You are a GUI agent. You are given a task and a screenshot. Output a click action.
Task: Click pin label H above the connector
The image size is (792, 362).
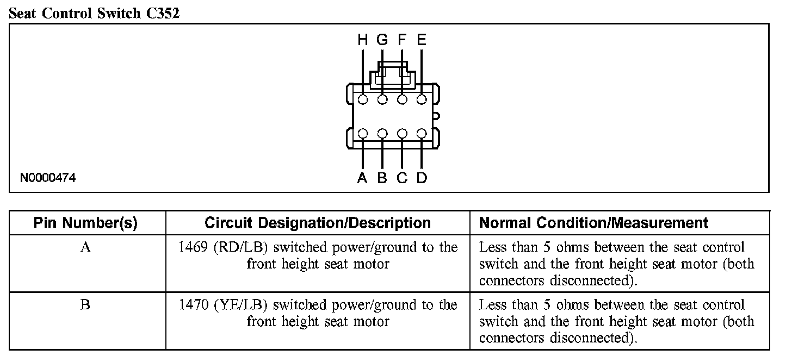(363, 40)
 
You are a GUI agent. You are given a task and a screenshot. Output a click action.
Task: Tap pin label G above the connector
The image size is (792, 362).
(382, 40)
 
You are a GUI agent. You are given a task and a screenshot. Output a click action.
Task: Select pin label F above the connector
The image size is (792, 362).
(402, 40)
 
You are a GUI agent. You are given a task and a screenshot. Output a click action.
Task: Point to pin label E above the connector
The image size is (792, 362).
(422, 40)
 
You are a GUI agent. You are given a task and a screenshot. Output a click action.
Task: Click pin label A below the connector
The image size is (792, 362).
(362, 178)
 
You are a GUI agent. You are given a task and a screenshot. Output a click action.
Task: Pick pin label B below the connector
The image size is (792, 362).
(382, 178)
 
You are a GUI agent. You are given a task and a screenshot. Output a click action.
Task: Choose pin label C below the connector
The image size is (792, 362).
(402, 178)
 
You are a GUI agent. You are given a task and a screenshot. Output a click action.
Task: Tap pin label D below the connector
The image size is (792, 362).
(422, 178)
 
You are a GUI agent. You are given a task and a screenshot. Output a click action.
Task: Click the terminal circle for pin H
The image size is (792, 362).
(363, 99)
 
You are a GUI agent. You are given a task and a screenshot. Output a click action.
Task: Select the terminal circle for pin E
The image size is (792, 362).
(422, 99)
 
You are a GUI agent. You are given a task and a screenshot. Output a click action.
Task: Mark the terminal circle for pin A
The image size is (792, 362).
(363, 133)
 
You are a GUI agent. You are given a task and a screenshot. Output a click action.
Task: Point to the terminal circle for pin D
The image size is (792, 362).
(422, 133)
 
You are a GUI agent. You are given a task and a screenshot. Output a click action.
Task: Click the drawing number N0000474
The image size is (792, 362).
(48, 178)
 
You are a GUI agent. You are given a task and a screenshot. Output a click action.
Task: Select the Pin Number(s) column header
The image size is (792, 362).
(85, 223)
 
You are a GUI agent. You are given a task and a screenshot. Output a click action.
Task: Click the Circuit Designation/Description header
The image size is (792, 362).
(318, 223)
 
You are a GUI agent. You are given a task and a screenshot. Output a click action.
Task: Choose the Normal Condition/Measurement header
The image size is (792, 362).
(593, 223)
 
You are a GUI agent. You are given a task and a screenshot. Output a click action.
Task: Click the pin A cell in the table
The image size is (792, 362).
(85, 248)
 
